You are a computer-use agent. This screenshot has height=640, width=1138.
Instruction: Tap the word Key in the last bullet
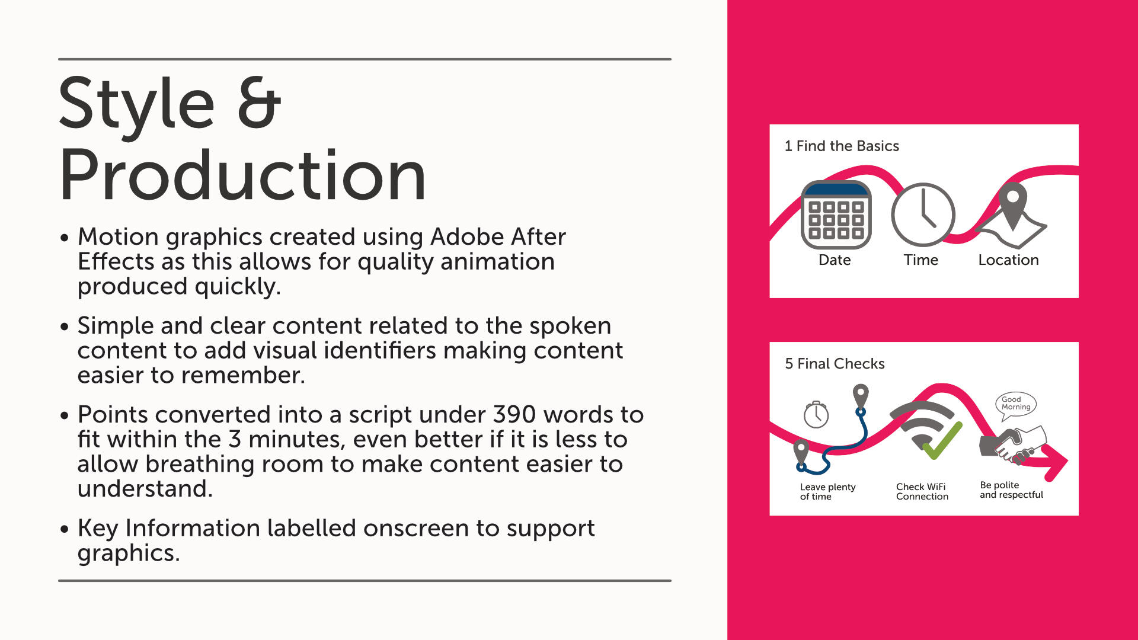(98, 529)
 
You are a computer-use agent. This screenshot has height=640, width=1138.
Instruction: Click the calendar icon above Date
(836, 215)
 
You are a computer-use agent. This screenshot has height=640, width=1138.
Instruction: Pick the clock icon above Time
(923, 215)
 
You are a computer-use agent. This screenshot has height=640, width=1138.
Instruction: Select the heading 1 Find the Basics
(842, 146)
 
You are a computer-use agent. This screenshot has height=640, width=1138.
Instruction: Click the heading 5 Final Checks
(835, 363)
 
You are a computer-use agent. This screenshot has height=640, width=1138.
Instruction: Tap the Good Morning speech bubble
(1016, 405)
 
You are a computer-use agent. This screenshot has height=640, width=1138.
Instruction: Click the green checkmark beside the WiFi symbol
(942, 441)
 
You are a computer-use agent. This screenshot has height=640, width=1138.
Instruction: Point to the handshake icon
(1014, 444)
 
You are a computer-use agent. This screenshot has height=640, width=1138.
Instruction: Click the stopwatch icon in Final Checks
(816, 414)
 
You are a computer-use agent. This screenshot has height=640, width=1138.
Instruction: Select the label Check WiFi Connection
(922, 491)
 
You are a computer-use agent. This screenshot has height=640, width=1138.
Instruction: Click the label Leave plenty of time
(828, 491)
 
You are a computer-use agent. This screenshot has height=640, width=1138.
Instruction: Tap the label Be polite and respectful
(1011, 489)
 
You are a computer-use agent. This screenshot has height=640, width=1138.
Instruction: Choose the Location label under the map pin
(1008, 260)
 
